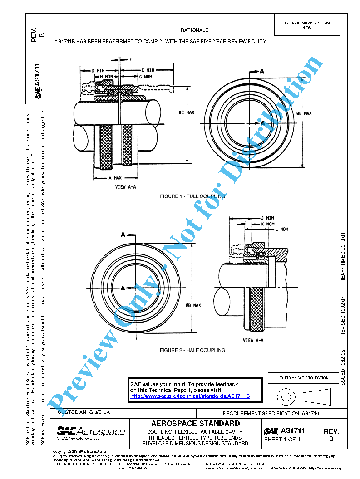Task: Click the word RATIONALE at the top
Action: point(194,30)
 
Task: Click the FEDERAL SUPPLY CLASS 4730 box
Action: point(307,25)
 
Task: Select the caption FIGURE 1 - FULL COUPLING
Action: point(192,196)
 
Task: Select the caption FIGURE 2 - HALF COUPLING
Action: point(192,350)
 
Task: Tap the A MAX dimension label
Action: point(116,178)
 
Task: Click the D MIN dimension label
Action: point(98,71)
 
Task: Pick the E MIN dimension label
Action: point(148,71)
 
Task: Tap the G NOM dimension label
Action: point(146,77)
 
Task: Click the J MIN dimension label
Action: point(267,218)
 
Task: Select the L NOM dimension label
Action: point(281,229)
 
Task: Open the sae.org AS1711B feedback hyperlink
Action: point(190,396)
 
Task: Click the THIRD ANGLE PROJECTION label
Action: point(304,378)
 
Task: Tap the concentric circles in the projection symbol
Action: point(286,396)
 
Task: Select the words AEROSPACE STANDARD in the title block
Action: point(195,424)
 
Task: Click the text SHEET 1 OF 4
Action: point(282,440)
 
